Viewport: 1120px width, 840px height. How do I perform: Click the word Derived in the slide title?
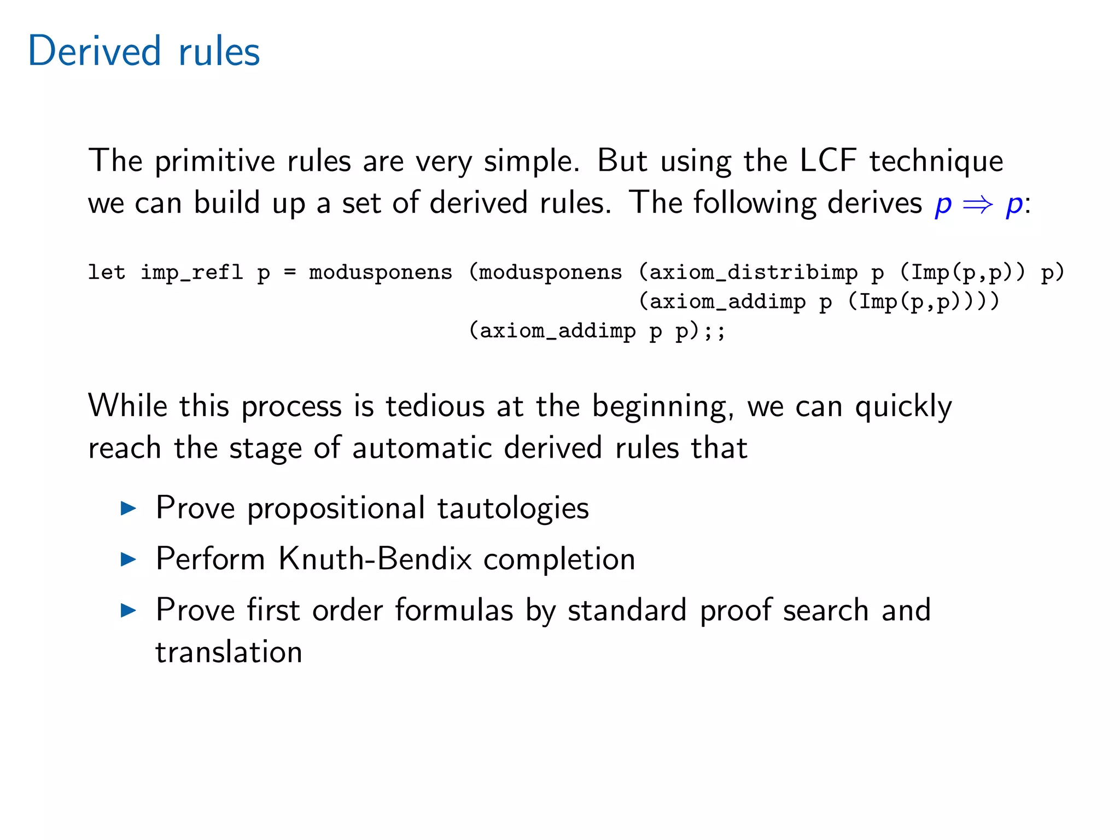point(94,51)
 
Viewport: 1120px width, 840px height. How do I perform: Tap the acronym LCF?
point(828,161)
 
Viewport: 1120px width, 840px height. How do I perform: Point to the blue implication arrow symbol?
point(978,205)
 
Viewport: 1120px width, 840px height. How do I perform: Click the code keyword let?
point(107,272)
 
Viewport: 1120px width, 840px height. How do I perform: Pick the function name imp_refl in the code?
point(191,272)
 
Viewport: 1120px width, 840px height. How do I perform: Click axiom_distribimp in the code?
point(753,272)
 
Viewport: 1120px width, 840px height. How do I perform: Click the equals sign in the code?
point(290,272)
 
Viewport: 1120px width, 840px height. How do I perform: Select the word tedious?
point(435,406)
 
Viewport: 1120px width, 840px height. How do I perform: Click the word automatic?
point(422,448)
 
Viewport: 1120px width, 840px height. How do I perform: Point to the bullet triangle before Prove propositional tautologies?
point(128,509)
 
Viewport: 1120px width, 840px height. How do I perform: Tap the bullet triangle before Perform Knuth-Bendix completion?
point(128,559)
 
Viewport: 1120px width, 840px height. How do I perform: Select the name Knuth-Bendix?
point(375,559)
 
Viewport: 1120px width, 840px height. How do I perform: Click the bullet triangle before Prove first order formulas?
point(128,610)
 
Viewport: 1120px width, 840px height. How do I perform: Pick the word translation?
point(229,652)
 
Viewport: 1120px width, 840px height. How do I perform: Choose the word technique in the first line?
point(936,162)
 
